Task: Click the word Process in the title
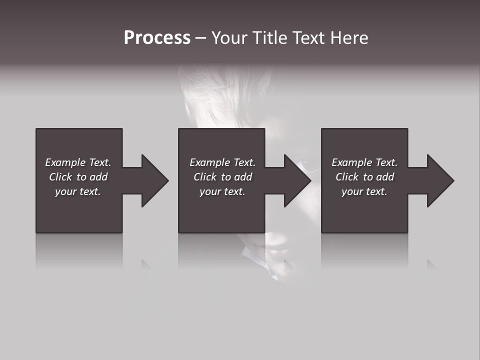pos(157,38)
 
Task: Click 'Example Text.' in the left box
pos(78,162)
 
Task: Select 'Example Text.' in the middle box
pos(222,162)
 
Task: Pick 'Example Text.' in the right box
pos(364,162)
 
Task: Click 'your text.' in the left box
pos(78,191)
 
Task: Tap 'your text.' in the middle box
pos(222,191)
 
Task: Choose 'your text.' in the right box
pos(364,191)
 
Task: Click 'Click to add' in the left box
pos(78,177)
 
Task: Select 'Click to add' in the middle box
pos(222,177)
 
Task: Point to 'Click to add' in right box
pos(364,177)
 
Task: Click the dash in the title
pos(201,38)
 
